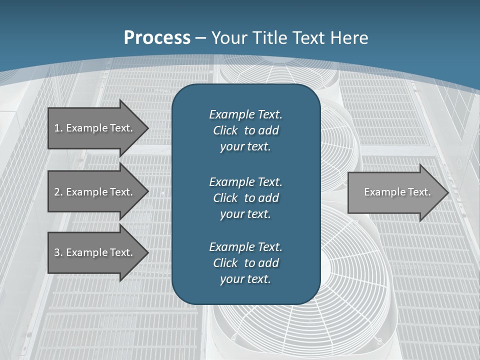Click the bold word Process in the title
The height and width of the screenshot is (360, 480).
point(157,38)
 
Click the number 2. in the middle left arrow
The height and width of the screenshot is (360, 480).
point(58,192)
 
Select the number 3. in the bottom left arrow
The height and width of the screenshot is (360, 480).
point(58,252)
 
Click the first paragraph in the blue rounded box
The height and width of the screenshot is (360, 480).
point(245,130)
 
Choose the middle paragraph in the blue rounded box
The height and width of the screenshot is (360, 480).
point(245,198)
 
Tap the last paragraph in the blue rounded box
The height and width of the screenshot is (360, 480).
point(245,263)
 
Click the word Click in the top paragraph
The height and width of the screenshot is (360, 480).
point(225,130)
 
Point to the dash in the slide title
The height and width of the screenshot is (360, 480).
point(201,38)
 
